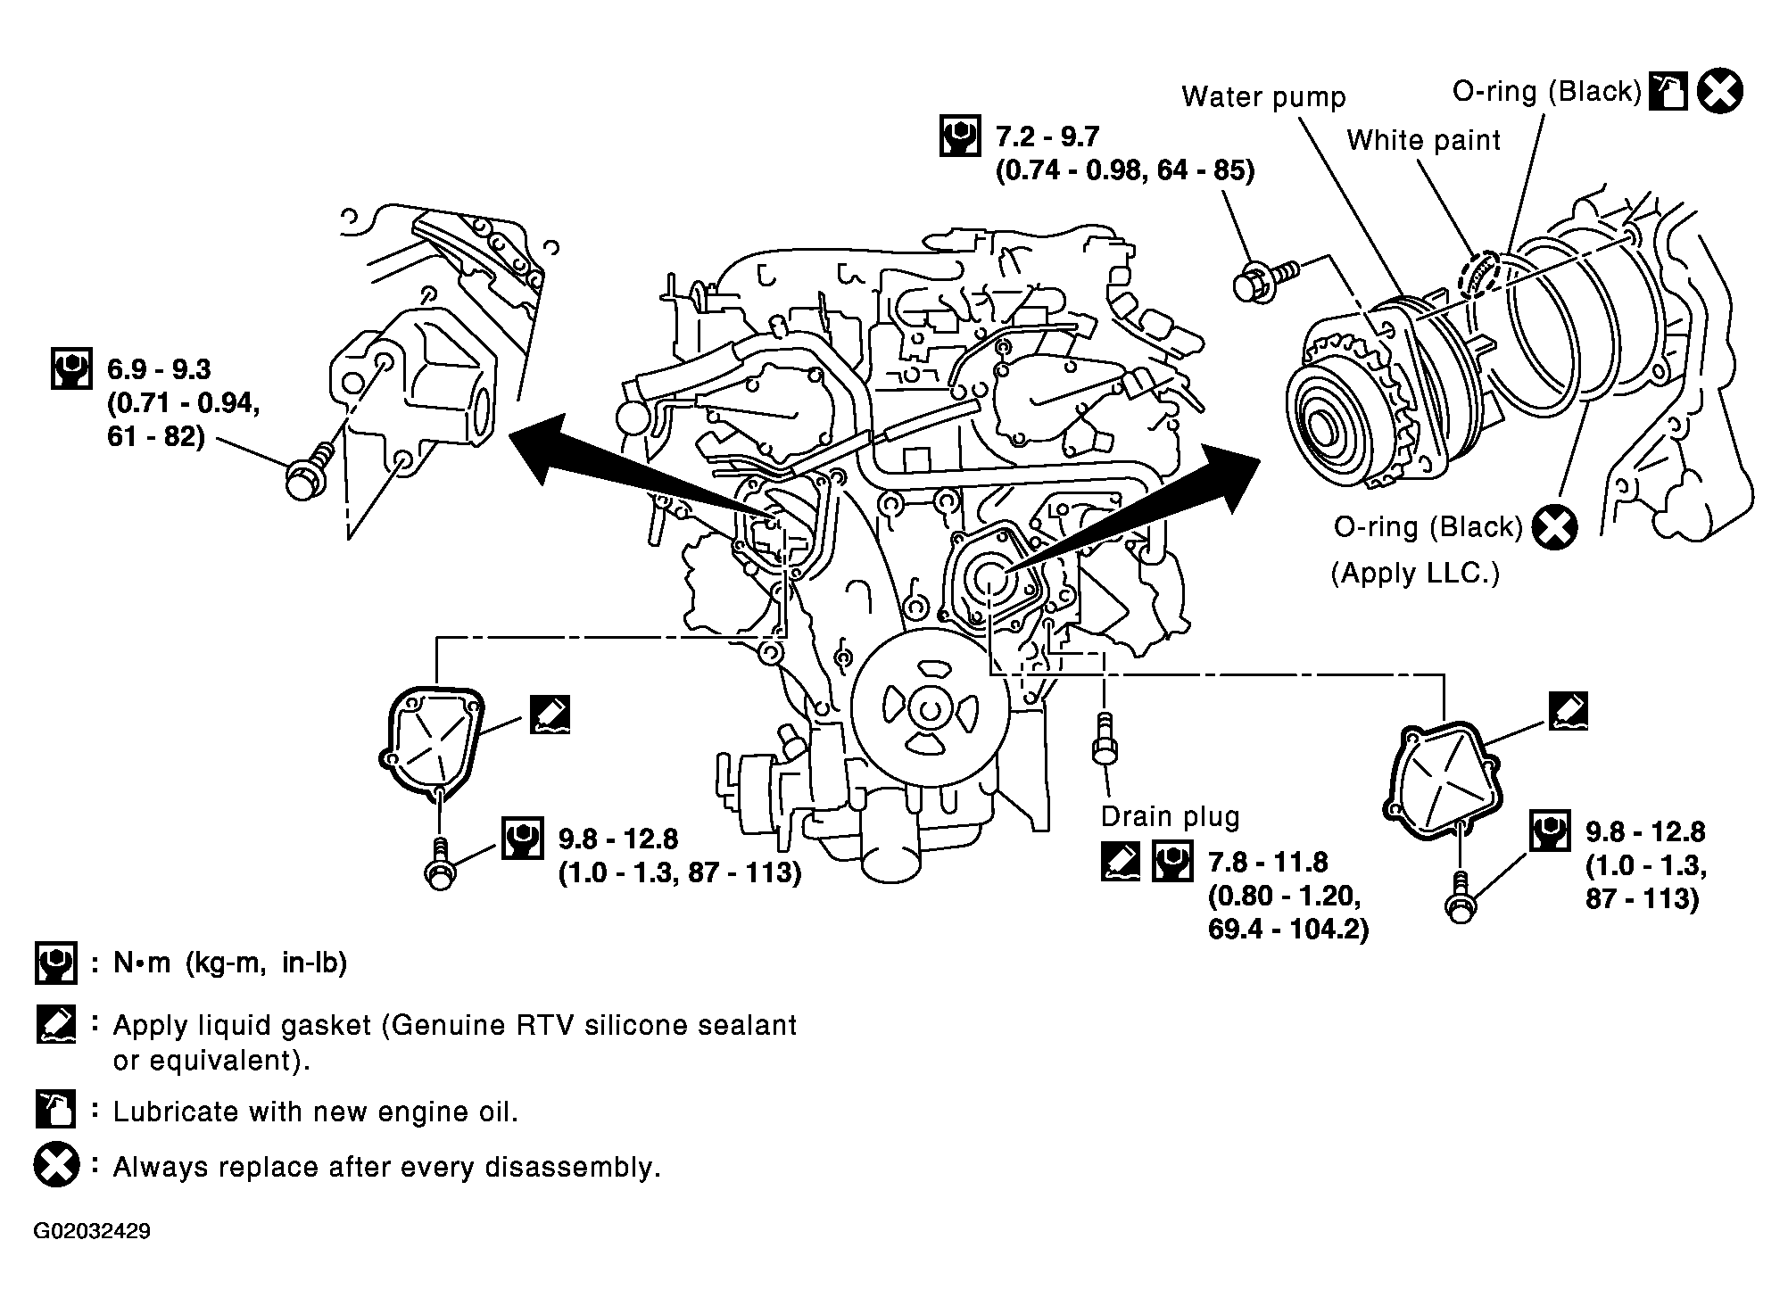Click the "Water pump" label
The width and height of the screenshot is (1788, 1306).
[1263, 97]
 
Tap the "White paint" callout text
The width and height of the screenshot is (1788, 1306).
[1423, 140]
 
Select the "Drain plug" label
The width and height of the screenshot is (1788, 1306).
[1170, 816]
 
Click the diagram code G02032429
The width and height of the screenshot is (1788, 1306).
[92, 1232]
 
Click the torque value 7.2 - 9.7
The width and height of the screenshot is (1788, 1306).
[1047, 136]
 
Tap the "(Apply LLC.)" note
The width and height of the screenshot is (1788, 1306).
[1415, 573]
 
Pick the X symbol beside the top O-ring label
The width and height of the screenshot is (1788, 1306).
[1719, 91]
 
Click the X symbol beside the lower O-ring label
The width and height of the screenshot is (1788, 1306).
[1554, 527]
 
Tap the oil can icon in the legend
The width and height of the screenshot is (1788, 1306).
[55, 1110]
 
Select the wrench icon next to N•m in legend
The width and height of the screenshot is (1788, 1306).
[55, 963]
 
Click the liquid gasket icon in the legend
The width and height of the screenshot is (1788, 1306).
[55, 1025]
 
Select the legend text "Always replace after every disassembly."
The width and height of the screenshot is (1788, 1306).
[386, 1167]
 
